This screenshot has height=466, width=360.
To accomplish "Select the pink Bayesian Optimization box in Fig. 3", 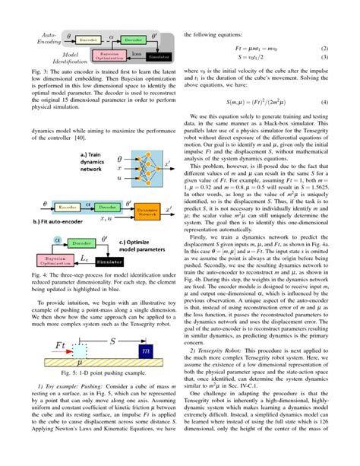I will coord(108,55).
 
